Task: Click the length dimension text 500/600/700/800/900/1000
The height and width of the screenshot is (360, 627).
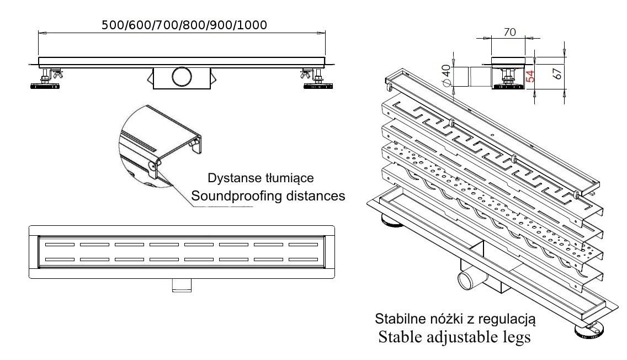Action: (x=185, y=25)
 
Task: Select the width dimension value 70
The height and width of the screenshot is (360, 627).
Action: (x=509, y=33)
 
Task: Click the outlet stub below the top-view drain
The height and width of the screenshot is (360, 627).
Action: (x=181, y=285)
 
